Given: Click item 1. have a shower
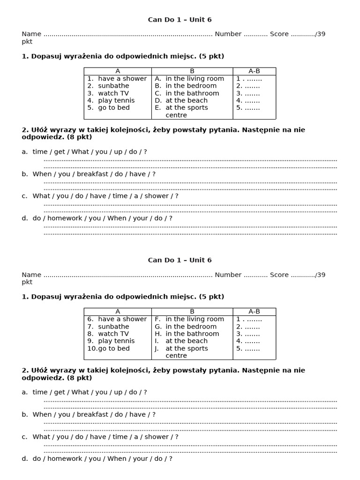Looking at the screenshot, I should tap(117, 79).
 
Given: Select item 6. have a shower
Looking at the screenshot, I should tap(117, 319).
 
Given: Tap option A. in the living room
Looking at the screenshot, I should tap(189, 79).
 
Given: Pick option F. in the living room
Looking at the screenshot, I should tap(189, 319).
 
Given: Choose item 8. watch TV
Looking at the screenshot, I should tap(108, 334).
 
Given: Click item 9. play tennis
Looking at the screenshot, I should tap(111, 341).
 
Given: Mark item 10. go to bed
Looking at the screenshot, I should tap(109, 348).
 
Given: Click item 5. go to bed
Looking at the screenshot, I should tap(109, 108).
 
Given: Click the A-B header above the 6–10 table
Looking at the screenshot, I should tap(254, 312).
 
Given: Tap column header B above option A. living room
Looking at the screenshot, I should tap(192, 71).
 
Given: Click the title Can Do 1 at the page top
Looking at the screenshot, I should tap(180, 20).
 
